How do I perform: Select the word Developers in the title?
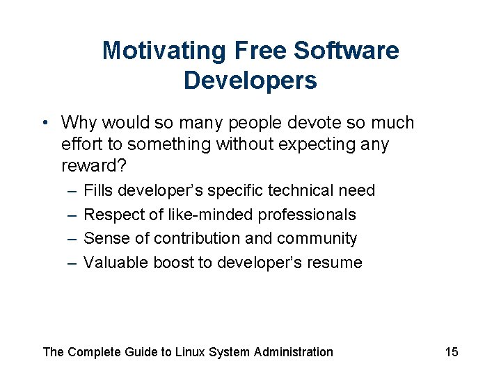(250, 81)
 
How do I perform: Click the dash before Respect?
(72, 215)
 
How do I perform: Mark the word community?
(317, 239)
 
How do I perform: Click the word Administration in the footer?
(293, 352)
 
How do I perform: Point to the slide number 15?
(452, 352)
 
